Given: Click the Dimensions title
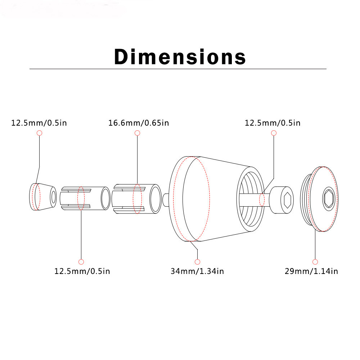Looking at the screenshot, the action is click(x=180, y=57).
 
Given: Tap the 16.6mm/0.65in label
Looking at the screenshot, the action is click(x=139, y=123).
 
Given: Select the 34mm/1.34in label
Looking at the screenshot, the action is click(x=197, y=271).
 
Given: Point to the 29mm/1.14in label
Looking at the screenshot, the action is click(x=311, y=271).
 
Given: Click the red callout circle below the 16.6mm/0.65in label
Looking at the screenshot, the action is click(x=137, y=133).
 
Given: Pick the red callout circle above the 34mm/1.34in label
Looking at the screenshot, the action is click(x=197, y=262).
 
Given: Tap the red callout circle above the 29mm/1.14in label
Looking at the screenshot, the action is click(x=315, y=262).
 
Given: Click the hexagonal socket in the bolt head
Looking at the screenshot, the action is click(x=287, y=200).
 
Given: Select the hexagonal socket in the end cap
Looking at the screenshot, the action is click(x=329, y=199).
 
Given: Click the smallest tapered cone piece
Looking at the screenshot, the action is click(x=43, y=197).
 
